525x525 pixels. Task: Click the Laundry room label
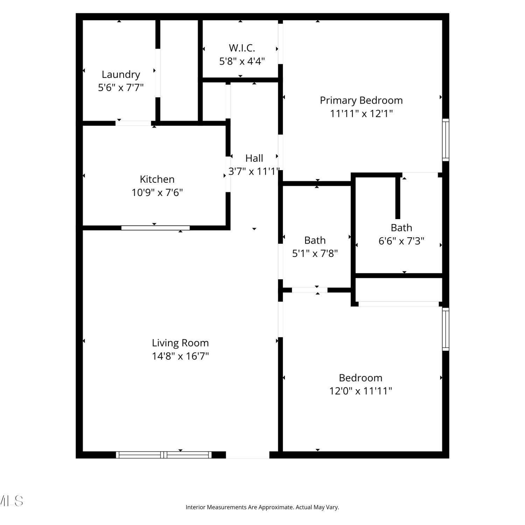pos(121,75)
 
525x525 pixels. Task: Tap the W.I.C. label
pos(242,48)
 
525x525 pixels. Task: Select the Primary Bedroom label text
pos(361,100)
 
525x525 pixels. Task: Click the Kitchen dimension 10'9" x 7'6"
pos(157,192)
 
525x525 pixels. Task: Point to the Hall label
pos(254,158)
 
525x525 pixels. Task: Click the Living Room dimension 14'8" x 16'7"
pos(180,356)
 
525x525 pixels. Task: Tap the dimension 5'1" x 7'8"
pos(315,253)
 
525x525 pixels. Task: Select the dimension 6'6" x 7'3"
pos(401,241)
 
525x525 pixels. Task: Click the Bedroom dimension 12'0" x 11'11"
pos(360,391)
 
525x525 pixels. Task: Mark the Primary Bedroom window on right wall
pos(446,140)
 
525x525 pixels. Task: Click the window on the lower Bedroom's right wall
pos(446,329)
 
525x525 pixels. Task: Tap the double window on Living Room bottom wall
pos(164,455)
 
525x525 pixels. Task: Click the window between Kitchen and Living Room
pos(155,228)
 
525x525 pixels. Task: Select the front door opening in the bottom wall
pos(247,455)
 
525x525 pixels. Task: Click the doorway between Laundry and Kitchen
pos(133,123)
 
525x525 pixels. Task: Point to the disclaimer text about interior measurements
pos(262,507)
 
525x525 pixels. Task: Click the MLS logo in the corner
pos(11,501)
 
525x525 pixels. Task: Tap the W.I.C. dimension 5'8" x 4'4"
pos(242,62)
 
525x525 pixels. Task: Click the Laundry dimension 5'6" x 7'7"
pos(121,87)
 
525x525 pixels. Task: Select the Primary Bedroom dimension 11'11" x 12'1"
pos(361,114)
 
